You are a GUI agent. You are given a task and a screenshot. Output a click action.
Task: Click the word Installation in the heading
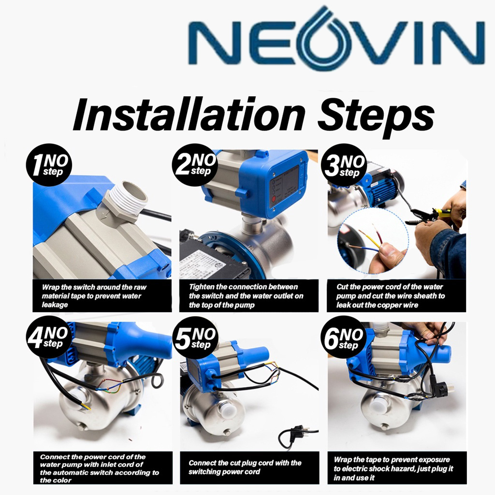pyautogui.click(x=189, y=115)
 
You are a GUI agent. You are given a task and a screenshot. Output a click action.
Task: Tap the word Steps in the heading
pyautogui.click(x=376, y=117)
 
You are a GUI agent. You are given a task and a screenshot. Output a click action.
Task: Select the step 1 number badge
pyautogui.click(x=49, y=165)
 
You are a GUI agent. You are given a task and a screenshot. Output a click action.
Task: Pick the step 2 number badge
pyautogui.click(x=195, y=164)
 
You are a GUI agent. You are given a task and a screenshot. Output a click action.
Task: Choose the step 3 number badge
pyautogui.click(x=344, y=165)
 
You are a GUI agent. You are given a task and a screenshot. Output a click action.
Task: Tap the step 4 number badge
pyautogui.click(x=49, y=337)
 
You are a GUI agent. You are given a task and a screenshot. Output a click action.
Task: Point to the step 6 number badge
pyautogui.click(x=344, y=337)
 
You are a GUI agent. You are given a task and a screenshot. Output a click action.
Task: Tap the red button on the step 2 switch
pyautogui.click(x=274, y=199)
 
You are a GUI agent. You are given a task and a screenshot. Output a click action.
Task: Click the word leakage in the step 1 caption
pyautogui.click(x=55, y=305)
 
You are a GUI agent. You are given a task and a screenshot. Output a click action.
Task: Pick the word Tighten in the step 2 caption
pyautogui.click(x=202, y=287)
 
